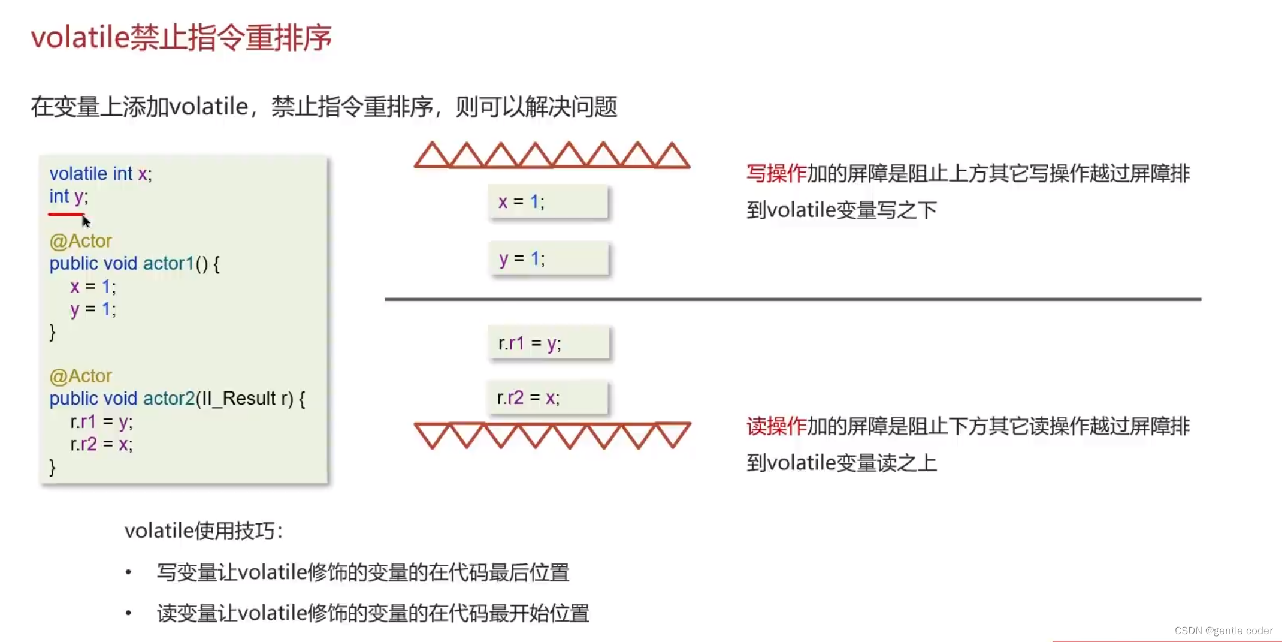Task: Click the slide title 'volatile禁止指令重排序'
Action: coord(181,38)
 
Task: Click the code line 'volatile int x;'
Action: coord(101,174)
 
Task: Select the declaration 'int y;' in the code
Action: coord(68,197)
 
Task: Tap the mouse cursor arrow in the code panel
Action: coord(86,221)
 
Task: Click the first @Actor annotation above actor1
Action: coord(80,241)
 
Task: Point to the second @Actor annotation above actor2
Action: coord(80,376)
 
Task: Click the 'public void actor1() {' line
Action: coord(134,264)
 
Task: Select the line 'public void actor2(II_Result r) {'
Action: coord(177,399)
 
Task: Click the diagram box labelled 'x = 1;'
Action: coord(548,202)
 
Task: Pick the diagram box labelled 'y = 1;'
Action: coord(548,259)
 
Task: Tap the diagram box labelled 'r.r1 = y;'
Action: coord(549,343)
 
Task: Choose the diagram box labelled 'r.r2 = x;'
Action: coord(548,398)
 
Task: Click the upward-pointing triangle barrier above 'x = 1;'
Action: coord(552,155)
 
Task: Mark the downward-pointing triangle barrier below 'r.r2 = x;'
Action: coord(552,435)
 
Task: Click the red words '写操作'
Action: coord(776,174)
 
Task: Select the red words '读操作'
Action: coord(776,427)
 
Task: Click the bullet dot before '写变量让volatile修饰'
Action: coord(128,573)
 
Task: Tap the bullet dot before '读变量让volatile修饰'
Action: coord(128,613)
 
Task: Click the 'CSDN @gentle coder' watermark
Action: coord(1223,631)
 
